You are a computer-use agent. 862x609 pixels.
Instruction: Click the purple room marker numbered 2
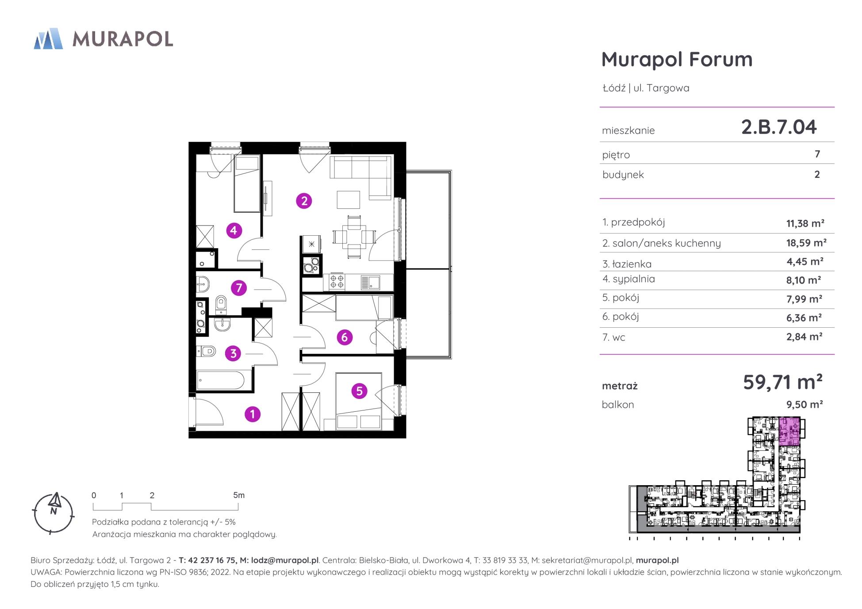pos(304,201)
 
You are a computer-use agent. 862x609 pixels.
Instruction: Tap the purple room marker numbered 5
pos(359,391)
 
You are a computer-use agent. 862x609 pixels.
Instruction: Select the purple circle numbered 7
pos(239,288)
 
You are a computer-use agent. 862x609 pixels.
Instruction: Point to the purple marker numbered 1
pos(253,414)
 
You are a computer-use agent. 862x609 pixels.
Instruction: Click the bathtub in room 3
pos(220,380)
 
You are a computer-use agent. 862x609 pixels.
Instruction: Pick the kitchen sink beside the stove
pos(370,282)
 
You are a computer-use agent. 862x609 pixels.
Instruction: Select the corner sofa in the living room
pos(363,176)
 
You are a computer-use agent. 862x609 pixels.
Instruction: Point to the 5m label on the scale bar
pos(239,495)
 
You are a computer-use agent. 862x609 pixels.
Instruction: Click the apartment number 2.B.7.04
pos(779,127)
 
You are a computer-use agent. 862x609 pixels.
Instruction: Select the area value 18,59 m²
pos(806,243)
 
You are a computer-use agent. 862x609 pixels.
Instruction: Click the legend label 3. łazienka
pos(627,264)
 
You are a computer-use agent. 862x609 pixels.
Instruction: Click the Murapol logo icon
pos(48,38)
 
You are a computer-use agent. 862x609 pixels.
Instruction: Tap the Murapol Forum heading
pos(677,59)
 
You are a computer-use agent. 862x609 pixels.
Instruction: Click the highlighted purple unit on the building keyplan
pos(789,431)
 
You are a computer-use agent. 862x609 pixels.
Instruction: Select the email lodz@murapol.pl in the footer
pos(285,560)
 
